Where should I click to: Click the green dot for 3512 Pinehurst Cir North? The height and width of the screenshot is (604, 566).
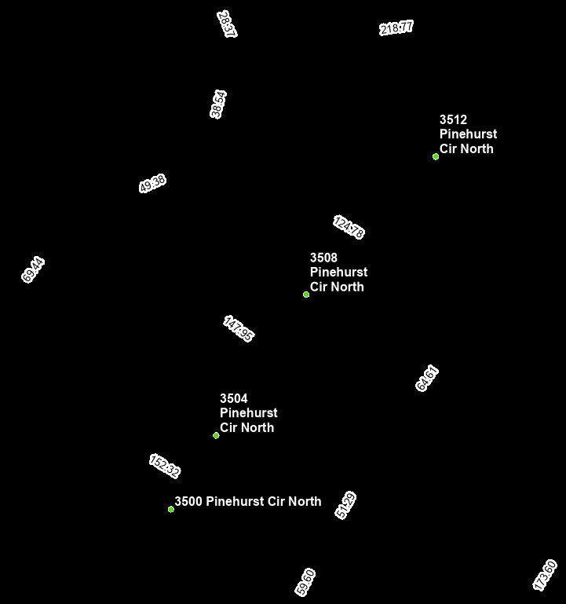coord(436,156)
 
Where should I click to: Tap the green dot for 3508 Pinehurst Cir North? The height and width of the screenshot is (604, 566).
coord(306,295)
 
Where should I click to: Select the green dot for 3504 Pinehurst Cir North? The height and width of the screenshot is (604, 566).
coord(216,435)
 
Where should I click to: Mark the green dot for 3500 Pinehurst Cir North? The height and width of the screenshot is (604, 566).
coord(171,509)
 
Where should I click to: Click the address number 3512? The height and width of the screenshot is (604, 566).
coord(453,120)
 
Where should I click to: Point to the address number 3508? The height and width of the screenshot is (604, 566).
coord(323,258)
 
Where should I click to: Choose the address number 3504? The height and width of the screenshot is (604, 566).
coord(233,398)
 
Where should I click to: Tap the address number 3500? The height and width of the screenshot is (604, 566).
coord(188,501)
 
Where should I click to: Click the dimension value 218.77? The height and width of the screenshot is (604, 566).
coord(396,27)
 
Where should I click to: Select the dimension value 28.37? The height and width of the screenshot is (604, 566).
coord(227,24)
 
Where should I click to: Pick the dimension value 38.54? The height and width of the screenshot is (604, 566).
coord(218,104)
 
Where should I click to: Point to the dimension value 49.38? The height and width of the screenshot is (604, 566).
coord(152,184)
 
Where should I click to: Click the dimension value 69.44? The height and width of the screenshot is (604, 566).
coord(34,269)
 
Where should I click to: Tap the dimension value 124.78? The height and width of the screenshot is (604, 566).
coord(348,227)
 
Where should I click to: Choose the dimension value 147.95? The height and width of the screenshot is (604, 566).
coord(239,329)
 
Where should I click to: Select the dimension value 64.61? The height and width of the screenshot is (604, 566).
coord(427,378)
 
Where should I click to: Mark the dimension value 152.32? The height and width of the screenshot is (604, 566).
coord(165,466)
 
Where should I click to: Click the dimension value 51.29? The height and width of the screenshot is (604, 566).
coord(346,505)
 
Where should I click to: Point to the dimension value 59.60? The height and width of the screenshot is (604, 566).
coord(305,582)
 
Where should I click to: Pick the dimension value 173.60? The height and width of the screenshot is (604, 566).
coord(545,575)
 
